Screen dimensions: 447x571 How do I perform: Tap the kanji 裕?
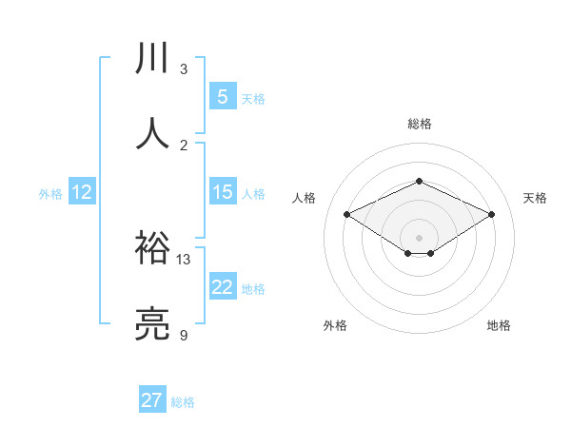pyautogui.click(x=153, y=248)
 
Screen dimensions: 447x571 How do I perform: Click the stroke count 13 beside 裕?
pyautogui.click(x=184, y=259)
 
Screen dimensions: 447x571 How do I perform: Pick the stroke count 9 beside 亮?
pyautogui.click(x=184, y=335)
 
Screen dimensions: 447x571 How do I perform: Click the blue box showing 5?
pyautogui.click(x=222, y=97)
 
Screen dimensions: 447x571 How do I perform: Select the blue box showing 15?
pyautogui.click(x=222, y=192)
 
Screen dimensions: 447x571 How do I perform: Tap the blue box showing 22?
pyautogui.click(x=222, y=287)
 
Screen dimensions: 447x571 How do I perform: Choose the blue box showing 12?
pyautogui.click(x=82, y=192)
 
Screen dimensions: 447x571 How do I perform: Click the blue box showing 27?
pyautogui.click(x=152, y=400)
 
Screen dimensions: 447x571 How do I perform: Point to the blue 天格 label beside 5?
pyautogui.click(x=253, y=99)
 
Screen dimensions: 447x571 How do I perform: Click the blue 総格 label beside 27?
pyautogui.click(x=183, y=402)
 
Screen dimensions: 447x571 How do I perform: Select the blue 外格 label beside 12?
pyautogui.click(x=50, y=194)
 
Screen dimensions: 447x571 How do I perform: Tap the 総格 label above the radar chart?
pyautogui.click(x=419, y=124)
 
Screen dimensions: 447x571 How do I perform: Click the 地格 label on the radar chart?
pyautogui.click(x=499, y=325)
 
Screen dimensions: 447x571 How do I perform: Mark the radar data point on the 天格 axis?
pyautogui.click(x=491, y=214)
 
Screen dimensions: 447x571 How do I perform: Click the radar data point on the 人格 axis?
pyautogui.click(x=346, y=214)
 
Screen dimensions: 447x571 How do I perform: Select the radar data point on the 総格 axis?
pyautogui.click(x=419, y=181)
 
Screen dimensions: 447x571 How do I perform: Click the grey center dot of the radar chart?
pyautogui.click(x=419, y=237)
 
